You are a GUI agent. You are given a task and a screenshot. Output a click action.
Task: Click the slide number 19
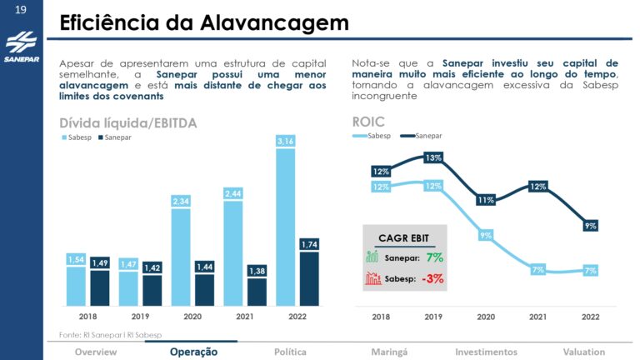coord(21,11)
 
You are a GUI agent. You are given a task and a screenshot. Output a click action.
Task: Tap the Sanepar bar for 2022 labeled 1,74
coord(309,275)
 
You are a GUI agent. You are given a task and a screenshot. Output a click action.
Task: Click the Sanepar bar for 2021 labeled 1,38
coord(257,287)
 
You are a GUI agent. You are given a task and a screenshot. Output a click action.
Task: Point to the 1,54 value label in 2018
coord(76,261)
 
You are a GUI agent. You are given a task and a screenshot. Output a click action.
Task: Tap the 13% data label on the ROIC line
coord(433,157)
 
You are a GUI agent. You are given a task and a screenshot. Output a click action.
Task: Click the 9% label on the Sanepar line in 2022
coord(590,225)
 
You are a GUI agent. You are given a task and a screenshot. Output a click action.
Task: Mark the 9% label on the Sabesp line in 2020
coord(486,236)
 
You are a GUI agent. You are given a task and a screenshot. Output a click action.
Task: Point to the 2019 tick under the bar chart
coord(140,317)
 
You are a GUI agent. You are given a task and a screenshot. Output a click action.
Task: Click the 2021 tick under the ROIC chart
coord(537,317)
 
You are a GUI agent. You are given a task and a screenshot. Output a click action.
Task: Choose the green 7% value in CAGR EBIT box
coord(434,257)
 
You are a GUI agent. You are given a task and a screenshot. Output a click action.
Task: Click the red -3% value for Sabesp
coord(432,278)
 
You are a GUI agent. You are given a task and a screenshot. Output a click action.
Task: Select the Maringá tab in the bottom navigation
coord(390,352)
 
